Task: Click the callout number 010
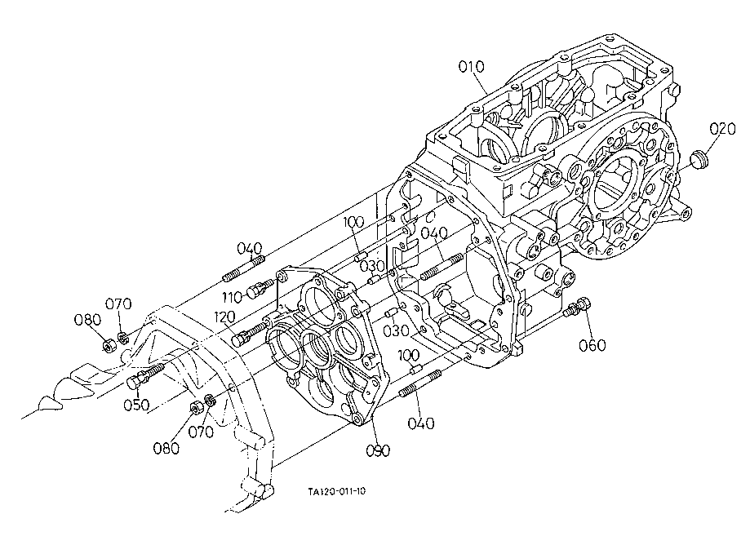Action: pyautogui.click(x=471, y=67)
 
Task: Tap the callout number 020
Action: pyautogui.click(x=722, y=129)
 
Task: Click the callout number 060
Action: pyautogui.click(x=592, y=345)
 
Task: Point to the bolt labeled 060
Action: pyautogui.click(x=578, y=307)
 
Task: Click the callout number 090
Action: pyautogui.click(x=378, y=450)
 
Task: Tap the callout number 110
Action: pyautogui.click(x=232, y=298)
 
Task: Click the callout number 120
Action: pyautogui.click(x=224, y=317)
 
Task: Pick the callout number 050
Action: pyautogui.click(x=136, y=405)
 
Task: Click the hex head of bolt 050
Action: pyautogui.click(x=134, y=382)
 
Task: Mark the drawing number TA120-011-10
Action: pyautogui.click(x=337, y=491)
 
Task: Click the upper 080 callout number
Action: pyautogui.click(x=87, y=320)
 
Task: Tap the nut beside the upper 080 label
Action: pyautogui.click(x=109, y=345)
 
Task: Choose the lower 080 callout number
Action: pyautogui.click(x=166, y=449)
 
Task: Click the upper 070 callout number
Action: pyautogui.click(x=118, y=304)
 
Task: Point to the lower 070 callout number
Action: pyautogui.click(x=201, y=432)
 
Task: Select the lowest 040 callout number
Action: pyautogui.click(x=421, y=423)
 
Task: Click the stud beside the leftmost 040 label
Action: pyautogui.click(x=243, y=268)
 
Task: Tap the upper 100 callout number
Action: pyautogui.click(x=354, y=222)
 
